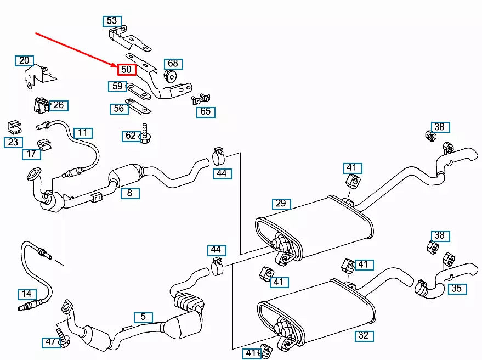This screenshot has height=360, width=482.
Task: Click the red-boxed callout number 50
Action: tap(127, 70)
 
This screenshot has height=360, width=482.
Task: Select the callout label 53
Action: tap(112, 21)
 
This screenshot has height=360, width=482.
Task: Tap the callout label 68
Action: tap(173, 64)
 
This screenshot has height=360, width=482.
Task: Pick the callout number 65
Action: tap(206, 112)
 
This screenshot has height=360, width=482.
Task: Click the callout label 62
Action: tap(131, 136)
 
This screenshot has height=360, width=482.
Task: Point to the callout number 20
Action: tap(24, 60)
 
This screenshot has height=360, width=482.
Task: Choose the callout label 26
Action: tap(59, 105)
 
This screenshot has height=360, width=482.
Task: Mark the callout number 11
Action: tap(83, 133)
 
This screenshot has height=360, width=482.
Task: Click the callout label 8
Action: tap(130, 193)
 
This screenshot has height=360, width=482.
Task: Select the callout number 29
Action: tap(281, 204)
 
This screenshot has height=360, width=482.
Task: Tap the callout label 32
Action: tap(364, 335)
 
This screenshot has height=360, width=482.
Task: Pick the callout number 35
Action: tap(457, 289)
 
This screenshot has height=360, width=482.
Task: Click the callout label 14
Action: tap(27, 294)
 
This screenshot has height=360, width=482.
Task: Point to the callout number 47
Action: tap(50, 342)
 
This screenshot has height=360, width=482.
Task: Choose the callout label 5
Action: tap(143, 317)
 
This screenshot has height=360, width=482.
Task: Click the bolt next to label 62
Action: tap(145, 133)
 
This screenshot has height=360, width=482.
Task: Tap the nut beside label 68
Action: tap(170, 76)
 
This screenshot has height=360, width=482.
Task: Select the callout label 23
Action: tap(13, 143)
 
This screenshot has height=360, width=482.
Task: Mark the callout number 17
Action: tap(31, 154)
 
